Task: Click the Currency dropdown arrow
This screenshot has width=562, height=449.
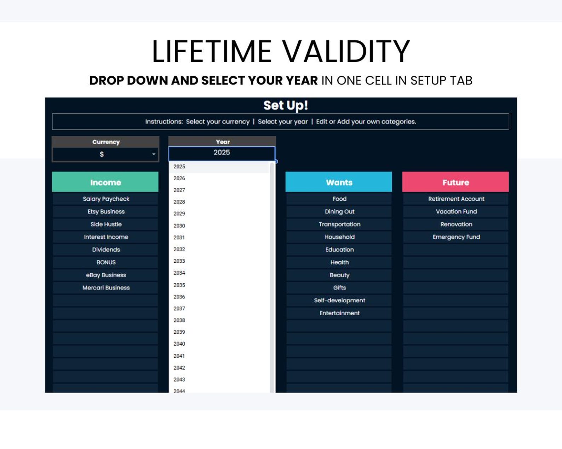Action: pyautogui.click(x=154, y=154)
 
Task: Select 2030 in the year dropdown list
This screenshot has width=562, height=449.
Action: pyautogui.click(x=179, y=226)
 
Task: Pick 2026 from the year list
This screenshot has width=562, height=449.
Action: pyautogui.click(x=179, y=178)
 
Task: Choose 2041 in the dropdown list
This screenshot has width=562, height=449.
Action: pyautogui.click(x=179, y=356)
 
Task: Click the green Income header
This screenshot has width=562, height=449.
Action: pyautogui.click(x=105, y=182)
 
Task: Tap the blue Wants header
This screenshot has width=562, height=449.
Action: pyautogui.click(x=339, y=182)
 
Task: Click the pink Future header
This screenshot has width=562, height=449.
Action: pyautogui.click(x=455, y=182)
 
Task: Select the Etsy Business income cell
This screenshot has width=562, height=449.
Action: pyautogui.click(x=105, y=211)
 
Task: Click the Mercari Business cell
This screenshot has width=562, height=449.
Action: pyautogui.click(x=105, y=288)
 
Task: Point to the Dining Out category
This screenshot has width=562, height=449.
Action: pyautogui.click(x=339, y=211)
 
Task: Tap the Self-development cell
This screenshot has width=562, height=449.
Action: pyautogui.click(x=339, y=300)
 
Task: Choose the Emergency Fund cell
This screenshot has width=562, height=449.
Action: pyautogui.click(x=456, y=237)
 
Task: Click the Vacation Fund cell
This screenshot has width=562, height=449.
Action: pyautogui.click(x=456, y=211)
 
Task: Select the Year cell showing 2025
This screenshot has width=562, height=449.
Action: pyautogui.click(x=222, y=153)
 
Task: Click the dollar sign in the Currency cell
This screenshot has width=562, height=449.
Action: pyautogui.click(x=102, y=154)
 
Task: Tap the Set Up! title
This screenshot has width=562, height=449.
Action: pyautogui.click(x=286, y=105)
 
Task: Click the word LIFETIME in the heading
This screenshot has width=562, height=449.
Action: pyautogui.click(x=212, y=51)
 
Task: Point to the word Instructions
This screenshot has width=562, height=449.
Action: pyautogui.click(x=164, y=122)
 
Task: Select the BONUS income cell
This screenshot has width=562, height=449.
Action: pyautogui.click(x=105, y=262)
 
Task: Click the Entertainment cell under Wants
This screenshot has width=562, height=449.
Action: pyautogui.click(x=339, y=313)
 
